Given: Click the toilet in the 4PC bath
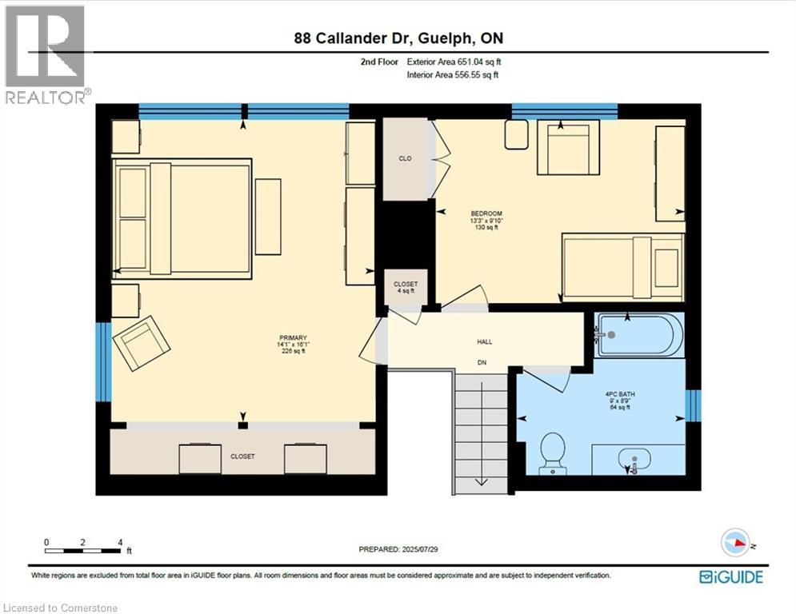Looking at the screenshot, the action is pos(552,453).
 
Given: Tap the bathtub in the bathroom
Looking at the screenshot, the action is pos(637,335).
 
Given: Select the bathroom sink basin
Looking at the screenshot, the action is pos(634,458).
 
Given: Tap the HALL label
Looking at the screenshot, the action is pos(484,341).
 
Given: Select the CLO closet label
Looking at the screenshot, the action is pos(405,158).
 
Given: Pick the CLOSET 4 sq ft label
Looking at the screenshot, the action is pos(406,287).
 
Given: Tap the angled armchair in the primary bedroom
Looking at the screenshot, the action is pos(142,343).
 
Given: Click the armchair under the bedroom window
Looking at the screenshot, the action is pos(568,147).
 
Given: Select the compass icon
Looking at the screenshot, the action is pos(735,542).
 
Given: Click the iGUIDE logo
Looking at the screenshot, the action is pos(731,577).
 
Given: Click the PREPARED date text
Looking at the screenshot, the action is pos(398,549).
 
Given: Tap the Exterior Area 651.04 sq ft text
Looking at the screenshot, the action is pos(454,62).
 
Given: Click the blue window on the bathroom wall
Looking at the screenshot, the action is pos(693,405).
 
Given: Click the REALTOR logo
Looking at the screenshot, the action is pos(46,55).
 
